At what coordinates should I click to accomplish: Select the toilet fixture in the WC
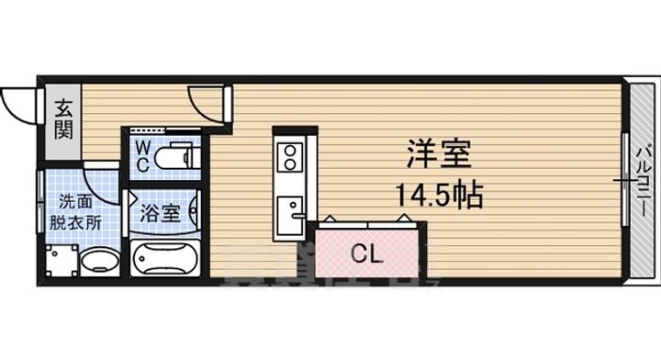(174, 158)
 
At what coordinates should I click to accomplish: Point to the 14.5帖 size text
(439, 195)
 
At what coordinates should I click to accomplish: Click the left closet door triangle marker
(327, 219)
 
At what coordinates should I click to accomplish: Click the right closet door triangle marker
(405, 217)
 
